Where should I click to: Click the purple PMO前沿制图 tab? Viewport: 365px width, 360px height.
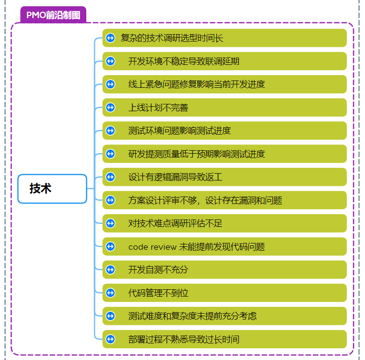(53, 15)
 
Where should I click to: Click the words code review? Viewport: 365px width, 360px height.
(152, 247)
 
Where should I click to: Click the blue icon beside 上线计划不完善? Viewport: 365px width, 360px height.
(110, 107)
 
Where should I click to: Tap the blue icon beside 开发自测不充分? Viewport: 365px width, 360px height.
(110, 270)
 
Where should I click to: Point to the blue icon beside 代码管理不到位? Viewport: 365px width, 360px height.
(110, 293)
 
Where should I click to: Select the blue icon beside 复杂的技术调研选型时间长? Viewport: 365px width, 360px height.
(110, 38)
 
